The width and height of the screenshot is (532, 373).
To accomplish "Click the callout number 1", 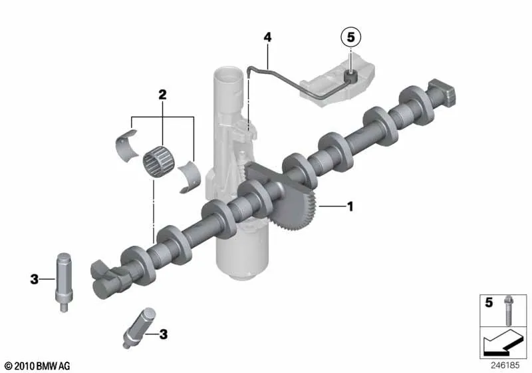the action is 350,206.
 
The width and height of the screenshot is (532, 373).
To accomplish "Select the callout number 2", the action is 162,95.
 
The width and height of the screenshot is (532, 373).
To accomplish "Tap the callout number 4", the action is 268,37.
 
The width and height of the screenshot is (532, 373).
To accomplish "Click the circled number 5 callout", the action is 350,37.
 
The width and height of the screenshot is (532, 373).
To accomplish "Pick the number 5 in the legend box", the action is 489,302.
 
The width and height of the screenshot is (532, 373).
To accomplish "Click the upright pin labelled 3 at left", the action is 63,282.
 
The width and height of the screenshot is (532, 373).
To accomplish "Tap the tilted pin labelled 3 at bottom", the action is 139,328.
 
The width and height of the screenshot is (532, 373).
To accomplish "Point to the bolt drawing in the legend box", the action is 508,310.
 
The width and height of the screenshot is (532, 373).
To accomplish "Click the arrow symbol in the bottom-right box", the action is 503,342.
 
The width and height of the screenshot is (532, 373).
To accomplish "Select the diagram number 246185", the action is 505,365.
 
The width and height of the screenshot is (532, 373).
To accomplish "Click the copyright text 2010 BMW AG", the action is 38,366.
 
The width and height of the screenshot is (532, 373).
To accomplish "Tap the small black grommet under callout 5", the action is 351,77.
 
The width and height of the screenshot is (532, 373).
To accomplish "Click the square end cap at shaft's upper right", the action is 442,93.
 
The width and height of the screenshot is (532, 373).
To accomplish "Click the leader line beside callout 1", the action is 331,206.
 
